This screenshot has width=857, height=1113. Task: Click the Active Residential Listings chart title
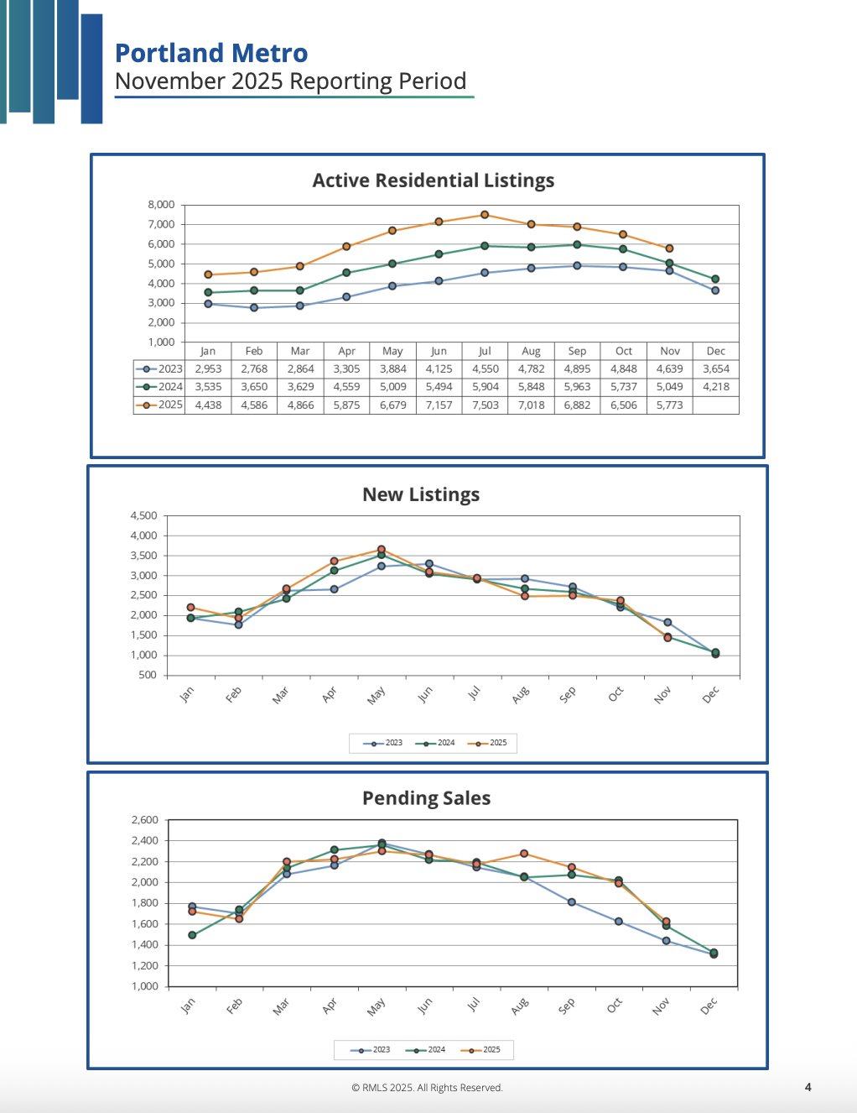point(434,180)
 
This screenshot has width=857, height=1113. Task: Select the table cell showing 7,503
point(485,405)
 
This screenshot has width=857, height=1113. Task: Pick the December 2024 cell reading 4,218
point(715,387)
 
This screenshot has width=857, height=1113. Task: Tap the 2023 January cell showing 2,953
point(208,368)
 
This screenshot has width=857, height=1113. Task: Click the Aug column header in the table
point(531,351)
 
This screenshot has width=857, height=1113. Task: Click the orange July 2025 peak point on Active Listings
point(485,215)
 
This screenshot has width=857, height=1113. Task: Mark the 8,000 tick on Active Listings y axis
point(161,205)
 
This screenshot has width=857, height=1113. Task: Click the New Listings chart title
point(421,494)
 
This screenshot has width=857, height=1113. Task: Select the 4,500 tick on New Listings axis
point(143,515)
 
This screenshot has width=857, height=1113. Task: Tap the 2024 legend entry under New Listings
point(439,743)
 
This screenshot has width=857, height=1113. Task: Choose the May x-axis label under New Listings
point(376,695)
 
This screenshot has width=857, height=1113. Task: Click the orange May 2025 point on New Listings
point(382,550)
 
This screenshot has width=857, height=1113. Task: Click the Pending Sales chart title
point(426,798)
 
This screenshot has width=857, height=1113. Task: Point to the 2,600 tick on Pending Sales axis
point(144,820)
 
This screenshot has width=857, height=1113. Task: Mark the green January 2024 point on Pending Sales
point(192,935)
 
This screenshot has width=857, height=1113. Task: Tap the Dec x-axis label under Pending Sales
point(709,1006)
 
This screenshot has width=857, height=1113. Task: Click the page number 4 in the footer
point(808,1087)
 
